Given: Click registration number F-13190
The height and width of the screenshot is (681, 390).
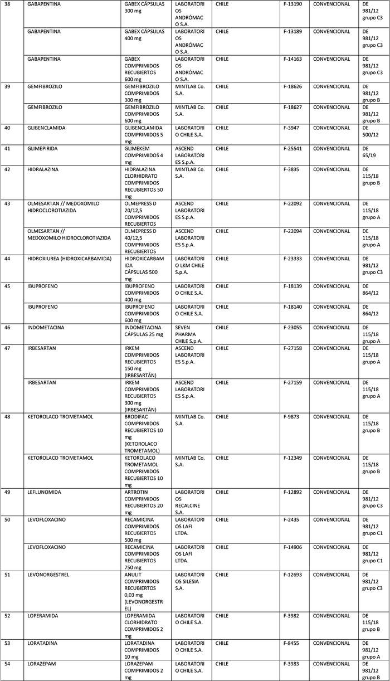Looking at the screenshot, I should [x=293, y=4].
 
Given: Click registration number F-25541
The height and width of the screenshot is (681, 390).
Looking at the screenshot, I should [x=293, y=149].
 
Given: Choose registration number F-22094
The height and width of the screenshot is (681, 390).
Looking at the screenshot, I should [x=293, y=231].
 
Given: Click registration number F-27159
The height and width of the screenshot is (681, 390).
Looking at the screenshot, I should [x=293, y=383].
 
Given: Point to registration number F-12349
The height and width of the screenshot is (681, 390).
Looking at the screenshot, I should [x=293, y=458].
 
